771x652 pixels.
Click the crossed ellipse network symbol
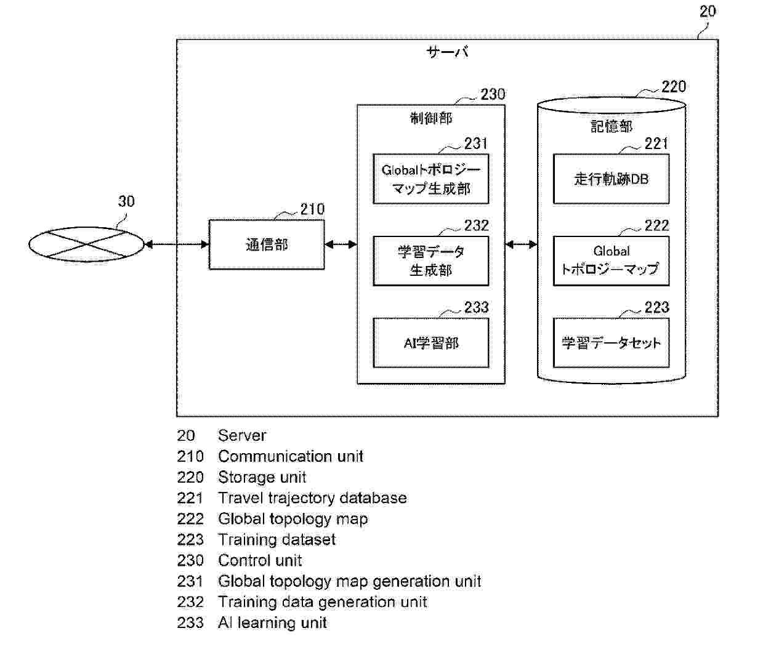pos(86,245)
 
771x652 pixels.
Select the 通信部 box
pos(267,244)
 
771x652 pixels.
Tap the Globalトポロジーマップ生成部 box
pos(431,179)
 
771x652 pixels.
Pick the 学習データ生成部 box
pos(431,261)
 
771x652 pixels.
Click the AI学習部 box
pos(431,343)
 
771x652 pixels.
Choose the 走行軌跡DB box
pos(611,179)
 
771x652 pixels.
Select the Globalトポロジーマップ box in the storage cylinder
pos(611,261)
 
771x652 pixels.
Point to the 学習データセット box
pos(611,343)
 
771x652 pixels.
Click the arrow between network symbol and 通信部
pos(177,245)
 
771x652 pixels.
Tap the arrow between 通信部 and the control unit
pos(341,245)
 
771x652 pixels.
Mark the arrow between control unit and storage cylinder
pos(521,245)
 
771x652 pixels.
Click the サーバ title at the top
pos(448,53)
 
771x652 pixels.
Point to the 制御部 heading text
pos(431,118)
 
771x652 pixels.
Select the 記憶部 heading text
pos(611,126)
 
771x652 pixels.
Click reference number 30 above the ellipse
pos(126,201)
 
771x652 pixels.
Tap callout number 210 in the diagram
pos(312,209)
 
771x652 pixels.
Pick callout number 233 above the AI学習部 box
pos(476,307)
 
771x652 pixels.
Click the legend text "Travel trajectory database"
pos(312,498)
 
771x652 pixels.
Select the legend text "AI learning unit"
pos(272,623)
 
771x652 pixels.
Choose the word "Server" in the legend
pos(242,436)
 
